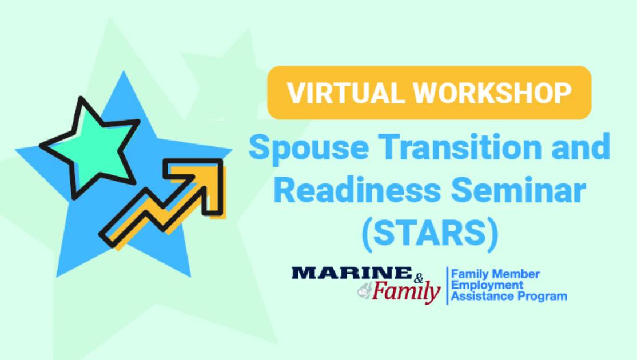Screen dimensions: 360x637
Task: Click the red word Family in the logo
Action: point(406,293)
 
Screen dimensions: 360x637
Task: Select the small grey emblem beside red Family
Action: point(363,292)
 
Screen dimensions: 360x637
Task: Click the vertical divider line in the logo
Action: point(446,286)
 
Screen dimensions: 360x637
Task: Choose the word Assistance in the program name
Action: point(479,296)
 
